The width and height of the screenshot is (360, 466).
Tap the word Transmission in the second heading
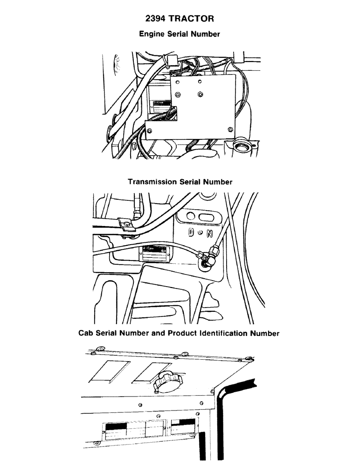[x=152, y=182]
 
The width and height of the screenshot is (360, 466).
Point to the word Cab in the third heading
[x=87, y=333]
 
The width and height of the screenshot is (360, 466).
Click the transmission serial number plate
[x=155, y=252]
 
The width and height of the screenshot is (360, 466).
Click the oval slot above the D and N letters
[x=207, y=217]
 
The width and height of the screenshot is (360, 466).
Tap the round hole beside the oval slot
[x=190, y=216]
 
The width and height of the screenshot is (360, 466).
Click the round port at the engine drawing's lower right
[x=242, y=149]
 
